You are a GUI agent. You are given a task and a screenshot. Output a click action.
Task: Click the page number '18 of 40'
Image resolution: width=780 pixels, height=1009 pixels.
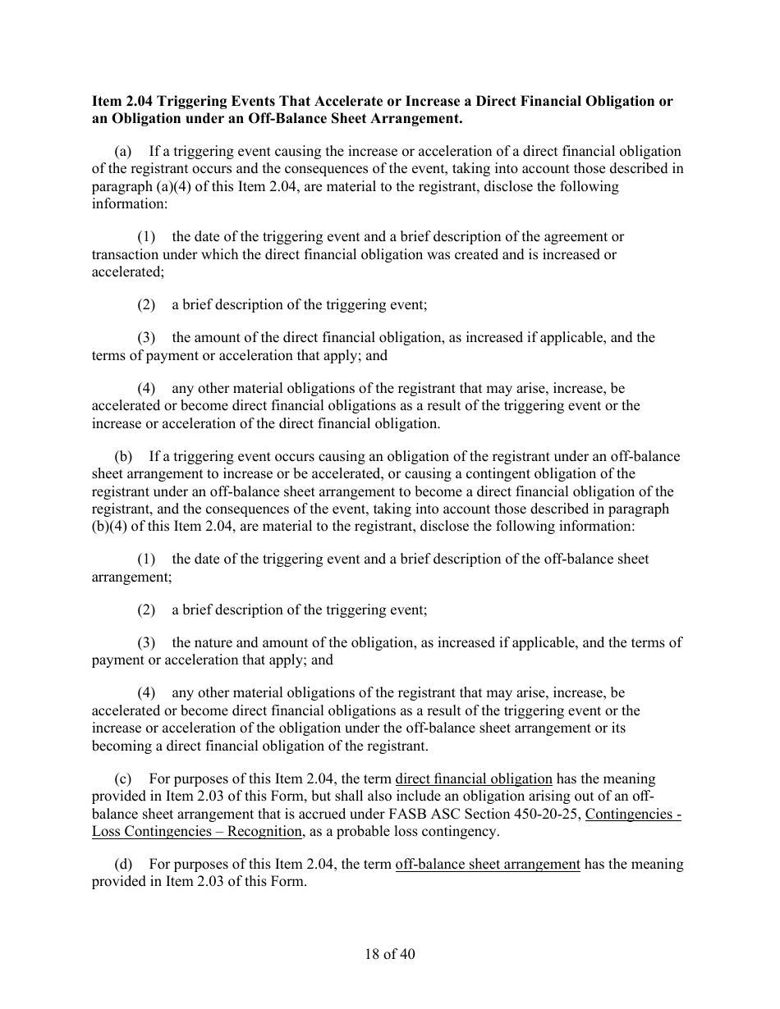390,954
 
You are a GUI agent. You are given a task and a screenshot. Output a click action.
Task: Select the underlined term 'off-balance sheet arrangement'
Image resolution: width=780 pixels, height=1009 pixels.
488,865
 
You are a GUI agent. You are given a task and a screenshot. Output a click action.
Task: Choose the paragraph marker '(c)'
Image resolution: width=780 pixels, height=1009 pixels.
124,779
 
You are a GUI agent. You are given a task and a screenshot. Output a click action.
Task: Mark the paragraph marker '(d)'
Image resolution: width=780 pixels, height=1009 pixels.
124,865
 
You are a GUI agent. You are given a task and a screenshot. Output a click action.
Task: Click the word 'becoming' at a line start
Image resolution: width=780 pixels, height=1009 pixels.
119,746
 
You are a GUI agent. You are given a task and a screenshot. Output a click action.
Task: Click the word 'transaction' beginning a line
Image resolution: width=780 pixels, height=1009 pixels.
125,254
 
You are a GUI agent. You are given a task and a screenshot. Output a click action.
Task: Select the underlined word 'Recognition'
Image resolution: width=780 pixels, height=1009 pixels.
266,831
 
